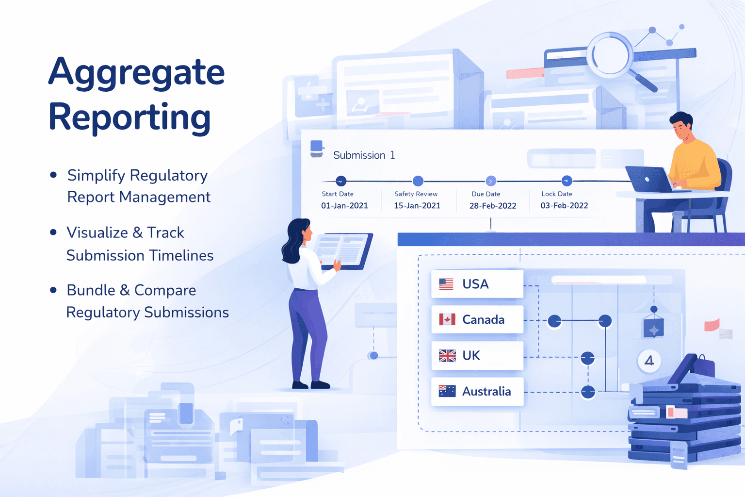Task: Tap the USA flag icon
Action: tap(446, 284)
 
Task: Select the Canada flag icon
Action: tap(447, 319)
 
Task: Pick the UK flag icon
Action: tap(447, 356)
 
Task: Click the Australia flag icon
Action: tap(447, 391)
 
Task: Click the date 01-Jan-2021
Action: tap(344, 206)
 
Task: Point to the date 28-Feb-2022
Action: tap(493, 206)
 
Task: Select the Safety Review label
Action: tap(416, 194)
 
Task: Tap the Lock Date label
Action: tap(557, 194)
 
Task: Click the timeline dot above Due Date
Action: tap(491, 181)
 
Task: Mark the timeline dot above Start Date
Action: tap(341, 181)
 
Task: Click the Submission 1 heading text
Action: tap(364, 155)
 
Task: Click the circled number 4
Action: tap(649, 361)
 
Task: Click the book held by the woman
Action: tap(342, 250)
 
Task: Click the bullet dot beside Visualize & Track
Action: tap(53, 232)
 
